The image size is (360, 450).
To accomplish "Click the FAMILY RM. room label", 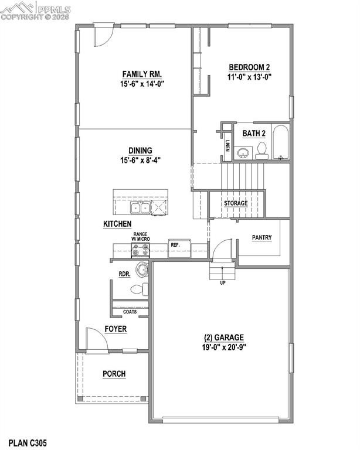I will pos(142,74).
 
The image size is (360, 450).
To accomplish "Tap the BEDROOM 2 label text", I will pos(250,67).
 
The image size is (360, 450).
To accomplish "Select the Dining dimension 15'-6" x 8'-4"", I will pos(141,159).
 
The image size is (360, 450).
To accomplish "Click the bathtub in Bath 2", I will pos(281,144).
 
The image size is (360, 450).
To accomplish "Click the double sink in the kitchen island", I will pos(140,207).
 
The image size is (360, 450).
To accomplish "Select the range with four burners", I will pos(141,250).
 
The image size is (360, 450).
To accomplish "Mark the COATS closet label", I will pos(130,312).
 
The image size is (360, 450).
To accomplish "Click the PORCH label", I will pos(114,374).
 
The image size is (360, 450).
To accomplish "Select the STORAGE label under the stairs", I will pos(235,203).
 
